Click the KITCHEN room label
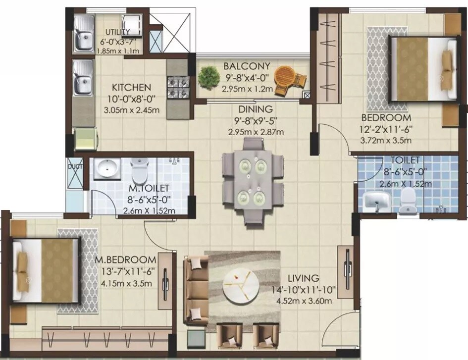131,87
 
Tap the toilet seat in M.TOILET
140,173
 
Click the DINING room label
256,109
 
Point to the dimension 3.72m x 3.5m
386,140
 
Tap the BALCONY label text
246,66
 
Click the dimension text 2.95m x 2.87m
256,132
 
